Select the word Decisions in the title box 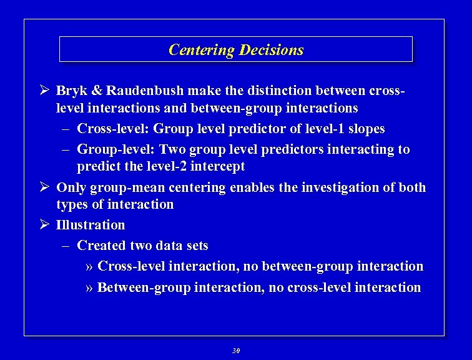tap(272, 50)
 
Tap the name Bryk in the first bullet tap(72, 91)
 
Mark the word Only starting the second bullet tap(71, 187)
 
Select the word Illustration tap(91, 225)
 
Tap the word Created tap(101, 246)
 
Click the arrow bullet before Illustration tap(44, 225)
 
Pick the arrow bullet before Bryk tap(44, 91)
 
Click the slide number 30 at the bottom tap(236, 351)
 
